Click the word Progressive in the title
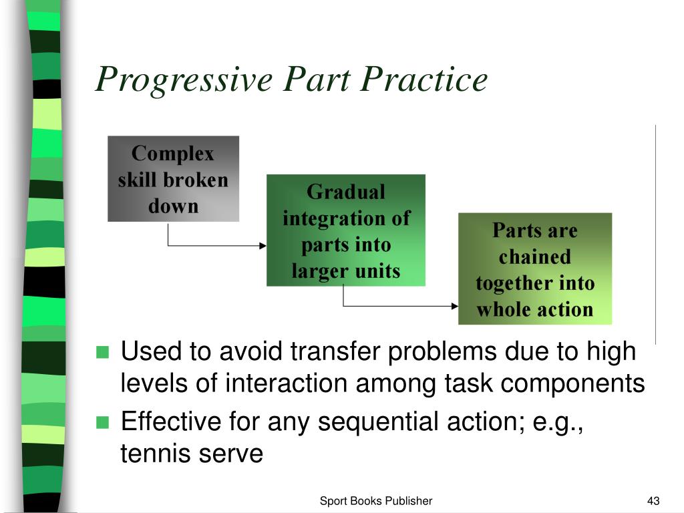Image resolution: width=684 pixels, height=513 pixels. click(x=184, y=81)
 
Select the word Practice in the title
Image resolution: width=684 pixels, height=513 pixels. click(x=424, y=79)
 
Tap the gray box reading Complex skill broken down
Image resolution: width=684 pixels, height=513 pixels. click(x=173, y=179)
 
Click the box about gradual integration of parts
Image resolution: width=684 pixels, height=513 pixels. click(x=345, y=230)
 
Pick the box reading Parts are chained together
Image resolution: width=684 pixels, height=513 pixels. click(x=534, y=269)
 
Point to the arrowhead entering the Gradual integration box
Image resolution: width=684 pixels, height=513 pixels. click(x=263, y=245)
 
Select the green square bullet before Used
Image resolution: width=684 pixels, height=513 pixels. click(x=102, y=352)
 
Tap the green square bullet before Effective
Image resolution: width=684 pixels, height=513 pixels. click(x=102, y=422)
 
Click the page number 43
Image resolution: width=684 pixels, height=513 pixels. click(x=653, y=501)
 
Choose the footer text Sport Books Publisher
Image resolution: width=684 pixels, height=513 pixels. click(x=376, y=501)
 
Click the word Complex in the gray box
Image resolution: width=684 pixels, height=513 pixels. click(x=173, y=154)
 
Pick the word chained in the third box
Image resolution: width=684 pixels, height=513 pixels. click(x=534, y=256)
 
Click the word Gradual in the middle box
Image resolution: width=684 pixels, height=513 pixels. click(x=345, y=192)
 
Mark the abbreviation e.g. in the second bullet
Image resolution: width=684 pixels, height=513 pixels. click(x=556, y=421)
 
